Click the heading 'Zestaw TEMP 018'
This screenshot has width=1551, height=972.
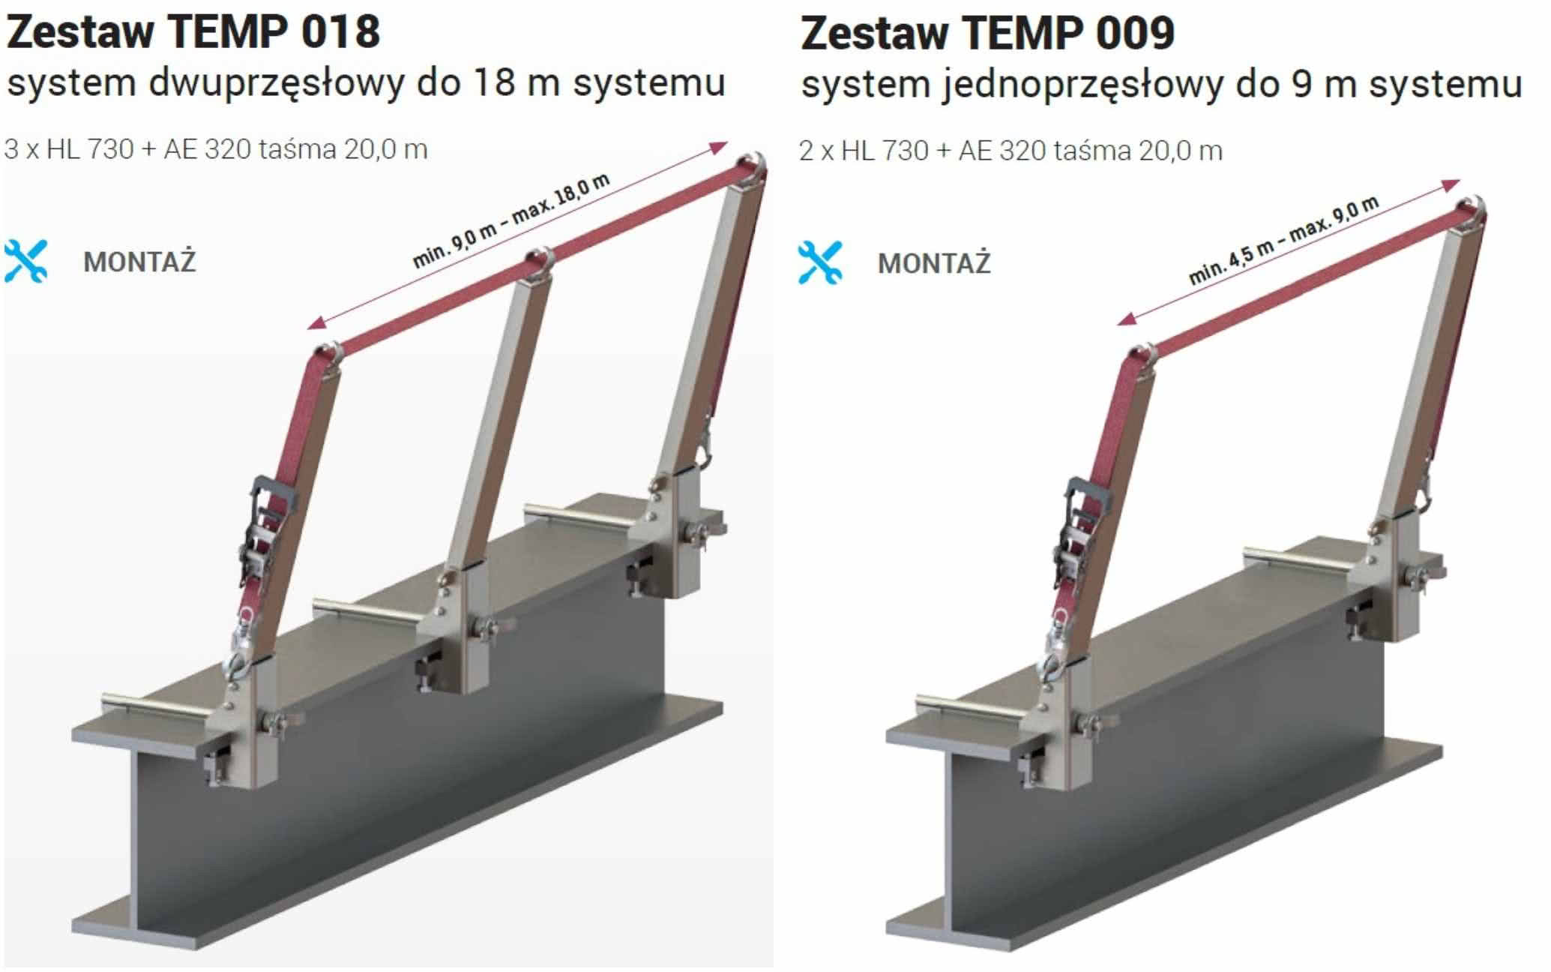click(193, 32)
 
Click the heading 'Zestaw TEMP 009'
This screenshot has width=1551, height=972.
click(987, 34)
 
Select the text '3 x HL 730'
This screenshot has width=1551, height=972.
click(69, 149)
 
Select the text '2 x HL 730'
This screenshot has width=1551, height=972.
click(864, 151)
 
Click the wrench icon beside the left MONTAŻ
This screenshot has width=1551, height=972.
click(26, 261)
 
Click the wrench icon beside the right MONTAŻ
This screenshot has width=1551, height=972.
click(820, 262)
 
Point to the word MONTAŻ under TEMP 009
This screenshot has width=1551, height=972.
click(934, 263)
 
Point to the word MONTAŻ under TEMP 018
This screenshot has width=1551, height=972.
click(139, 262)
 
